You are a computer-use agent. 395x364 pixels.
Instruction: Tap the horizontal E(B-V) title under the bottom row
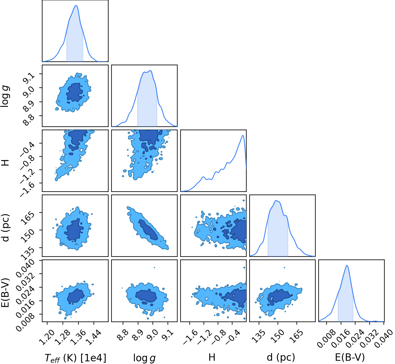pyautogui.click(x=350, y=357)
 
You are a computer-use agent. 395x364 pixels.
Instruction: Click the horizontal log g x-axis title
pyautogui.click(x=144, y=358)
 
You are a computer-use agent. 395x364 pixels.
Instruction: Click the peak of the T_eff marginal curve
pyautogui.click(x=76, y=6)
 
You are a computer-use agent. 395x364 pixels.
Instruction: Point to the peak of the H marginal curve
pyautogui.click(x=243, y=136)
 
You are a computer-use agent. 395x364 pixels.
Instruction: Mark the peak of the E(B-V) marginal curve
pyautogui.click(x=347, y=265)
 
